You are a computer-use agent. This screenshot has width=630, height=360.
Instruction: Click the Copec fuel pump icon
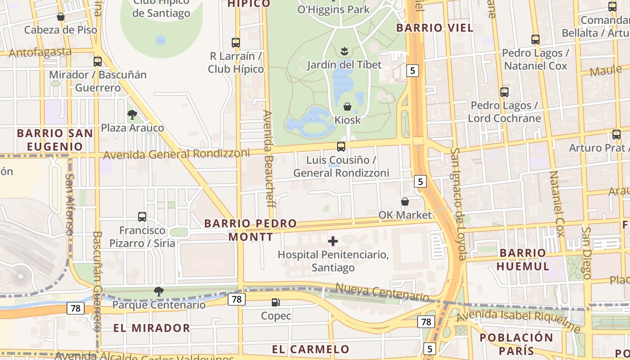click(x=275, y=302)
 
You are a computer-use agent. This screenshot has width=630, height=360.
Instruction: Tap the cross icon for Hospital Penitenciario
click(x=333, y=241)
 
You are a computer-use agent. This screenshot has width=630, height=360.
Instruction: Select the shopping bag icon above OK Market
click(x=405, y=201)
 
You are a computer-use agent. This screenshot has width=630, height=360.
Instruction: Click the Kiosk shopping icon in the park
click(x=347, y=107)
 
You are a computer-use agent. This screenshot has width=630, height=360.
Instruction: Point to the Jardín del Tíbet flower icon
click(x=345, y=51)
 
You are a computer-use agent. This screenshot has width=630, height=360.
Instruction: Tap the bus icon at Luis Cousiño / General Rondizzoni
click(x=341, y=146)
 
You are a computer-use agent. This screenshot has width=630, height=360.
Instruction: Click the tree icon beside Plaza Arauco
click(x=132, y=115)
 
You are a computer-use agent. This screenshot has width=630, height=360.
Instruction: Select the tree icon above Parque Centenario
click(x=158, y=292)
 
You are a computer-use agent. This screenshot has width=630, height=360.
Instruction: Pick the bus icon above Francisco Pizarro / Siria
click(x=142, y=217)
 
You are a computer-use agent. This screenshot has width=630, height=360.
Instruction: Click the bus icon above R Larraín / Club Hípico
click(x=236, y=43)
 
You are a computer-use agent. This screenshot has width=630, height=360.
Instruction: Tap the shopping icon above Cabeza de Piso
click(x=61, y=17)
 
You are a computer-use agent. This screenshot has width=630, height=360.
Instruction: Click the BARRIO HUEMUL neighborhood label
click(x=523, y=259)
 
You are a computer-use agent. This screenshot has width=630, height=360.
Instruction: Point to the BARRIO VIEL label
click(x=435, y=28)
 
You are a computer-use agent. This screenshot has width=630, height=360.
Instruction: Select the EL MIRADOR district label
click(x=151, y=328)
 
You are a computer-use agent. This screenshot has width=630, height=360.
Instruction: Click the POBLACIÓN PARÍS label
click(x=516, y=344)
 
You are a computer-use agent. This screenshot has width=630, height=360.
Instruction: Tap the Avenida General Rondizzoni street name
click(x=176, y=154)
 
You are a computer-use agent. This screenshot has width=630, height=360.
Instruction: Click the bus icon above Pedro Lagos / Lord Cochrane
click(x=504, y=92)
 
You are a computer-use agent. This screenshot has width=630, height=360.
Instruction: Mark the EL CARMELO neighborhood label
click(x=310, y=349)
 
